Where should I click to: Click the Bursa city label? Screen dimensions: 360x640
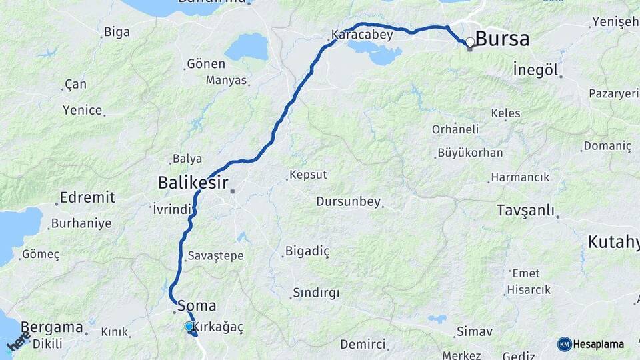[504, 39]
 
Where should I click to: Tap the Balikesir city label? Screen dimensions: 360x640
[193, 182]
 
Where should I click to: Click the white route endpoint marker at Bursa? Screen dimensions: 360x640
[470, 42]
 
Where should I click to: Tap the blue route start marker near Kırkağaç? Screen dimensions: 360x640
[189, 326]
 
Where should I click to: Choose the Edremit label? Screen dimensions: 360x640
[87, 197]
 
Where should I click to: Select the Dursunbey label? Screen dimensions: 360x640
[348, 201]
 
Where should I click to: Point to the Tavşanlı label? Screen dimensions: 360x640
[525, 211]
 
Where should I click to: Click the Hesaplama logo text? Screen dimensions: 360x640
[598, 345]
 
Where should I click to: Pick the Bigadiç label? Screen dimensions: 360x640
[308, 251]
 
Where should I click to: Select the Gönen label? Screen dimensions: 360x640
[206, 64]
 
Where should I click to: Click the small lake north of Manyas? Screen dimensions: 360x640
[247, 47]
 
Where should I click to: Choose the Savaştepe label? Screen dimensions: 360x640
[215, 256]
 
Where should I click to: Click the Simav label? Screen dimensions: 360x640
[475, 331]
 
